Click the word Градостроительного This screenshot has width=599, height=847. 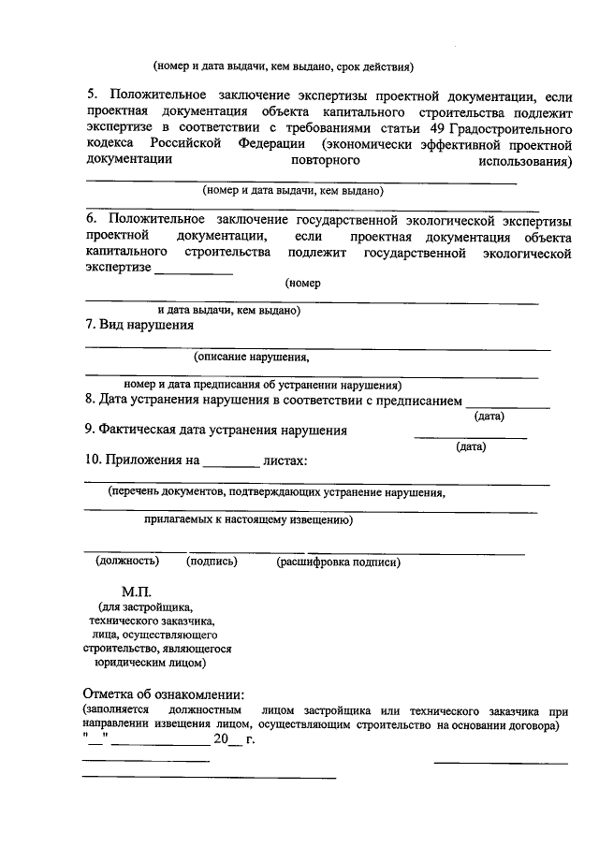point(514,128)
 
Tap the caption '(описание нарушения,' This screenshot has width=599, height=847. point(251,357)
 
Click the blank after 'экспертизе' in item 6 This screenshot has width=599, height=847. point(194,270)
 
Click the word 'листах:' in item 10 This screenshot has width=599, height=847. point(285,460)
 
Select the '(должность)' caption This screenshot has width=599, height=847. point(127,562)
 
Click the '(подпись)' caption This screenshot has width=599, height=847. point(212,562)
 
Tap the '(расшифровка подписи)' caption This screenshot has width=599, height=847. point(338,562)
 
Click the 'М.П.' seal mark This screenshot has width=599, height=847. point(137,593)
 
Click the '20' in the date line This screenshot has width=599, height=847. point(221,739)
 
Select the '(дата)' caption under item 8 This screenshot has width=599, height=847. point(489,416)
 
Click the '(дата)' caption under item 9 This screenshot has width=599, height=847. point(471,446)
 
